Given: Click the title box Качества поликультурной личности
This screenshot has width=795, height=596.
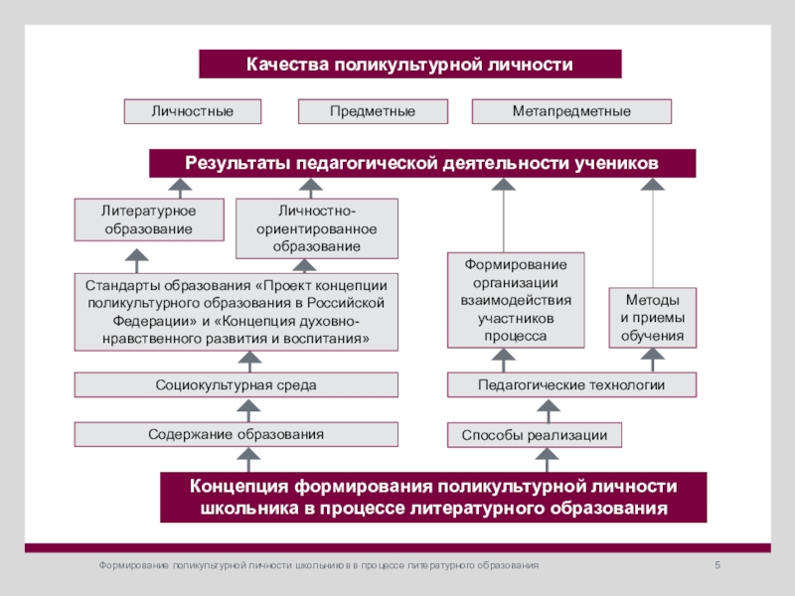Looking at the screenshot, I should coord(410,65).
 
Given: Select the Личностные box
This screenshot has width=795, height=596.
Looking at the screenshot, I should coord(193,111).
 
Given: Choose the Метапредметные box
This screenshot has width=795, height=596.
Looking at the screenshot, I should coord(571,111).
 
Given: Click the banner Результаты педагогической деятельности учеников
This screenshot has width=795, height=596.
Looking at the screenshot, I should coord(422,163).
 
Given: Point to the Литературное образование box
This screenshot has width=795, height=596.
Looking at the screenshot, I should coord(148,220).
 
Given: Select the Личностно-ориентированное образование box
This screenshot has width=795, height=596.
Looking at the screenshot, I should coord(316,228).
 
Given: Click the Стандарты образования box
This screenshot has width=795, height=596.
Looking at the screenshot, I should coord(236,311).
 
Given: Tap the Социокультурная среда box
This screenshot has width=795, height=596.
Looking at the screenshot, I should coord(236,384).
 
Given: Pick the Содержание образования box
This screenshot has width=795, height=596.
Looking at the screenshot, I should coord(236,434).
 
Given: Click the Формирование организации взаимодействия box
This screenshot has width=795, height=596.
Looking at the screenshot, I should coord(516,299).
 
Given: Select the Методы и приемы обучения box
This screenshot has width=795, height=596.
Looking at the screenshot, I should coord(652,317).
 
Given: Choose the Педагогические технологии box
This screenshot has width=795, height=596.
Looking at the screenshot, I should coord(571,384).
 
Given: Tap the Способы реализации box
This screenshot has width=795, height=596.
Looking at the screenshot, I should coord(535,435).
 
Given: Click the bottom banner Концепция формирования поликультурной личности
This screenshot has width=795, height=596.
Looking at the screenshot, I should coord(433,498).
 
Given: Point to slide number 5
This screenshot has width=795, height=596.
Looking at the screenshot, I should coord(717,564).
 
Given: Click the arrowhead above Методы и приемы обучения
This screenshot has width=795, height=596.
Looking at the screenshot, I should coord(653,185).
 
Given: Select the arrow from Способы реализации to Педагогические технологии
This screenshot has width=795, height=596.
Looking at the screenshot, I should coord(545,410).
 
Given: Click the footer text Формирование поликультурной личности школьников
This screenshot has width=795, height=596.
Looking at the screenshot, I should coord(318,564).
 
